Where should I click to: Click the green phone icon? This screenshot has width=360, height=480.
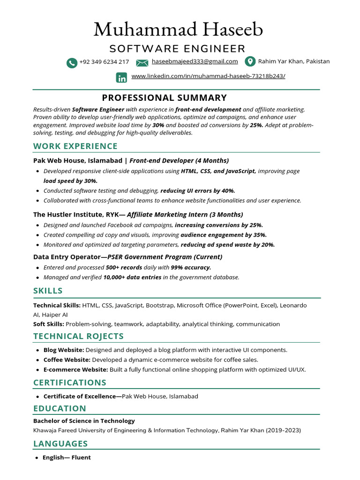(72, 63)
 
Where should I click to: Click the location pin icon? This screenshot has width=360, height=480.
(250, 62)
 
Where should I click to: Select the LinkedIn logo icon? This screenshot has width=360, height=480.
(121, 78)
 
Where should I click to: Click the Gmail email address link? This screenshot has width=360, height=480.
(195, 61)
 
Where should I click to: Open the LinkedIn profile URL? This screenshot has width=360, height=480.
(208, 76)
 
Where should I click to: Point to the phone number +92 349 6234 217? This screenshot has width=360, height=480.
(104, 62)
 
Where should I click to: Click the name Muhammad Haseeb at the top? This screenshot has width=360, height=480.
(178, 30)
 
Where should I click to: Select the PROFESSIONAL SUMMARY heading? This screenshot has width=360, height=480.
(165, 98)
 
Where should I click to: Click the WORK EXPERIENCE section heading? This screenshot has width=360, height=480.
(75, 146)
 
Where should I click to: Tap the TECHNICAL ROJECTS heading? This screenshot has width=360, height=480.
(78, 336)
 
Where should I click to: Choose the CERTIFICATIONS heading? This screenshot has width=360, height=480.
(70, 382)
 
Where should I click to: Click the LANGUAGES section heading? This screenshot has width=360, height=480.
(60, 443)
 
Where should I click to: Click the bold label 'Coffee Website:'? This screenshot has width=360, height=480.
(67, 360)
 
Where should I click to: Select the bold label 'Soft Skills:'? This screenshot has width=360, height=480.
(49, 324)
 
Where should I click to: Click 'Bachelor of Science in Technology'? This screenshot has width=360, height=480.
(84, 421)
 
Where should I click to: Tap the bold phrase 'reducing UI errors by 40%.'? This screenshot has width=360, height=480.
(198, 191)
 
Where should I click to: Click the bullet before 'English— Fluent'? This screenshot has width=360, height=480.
(37, 458)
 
